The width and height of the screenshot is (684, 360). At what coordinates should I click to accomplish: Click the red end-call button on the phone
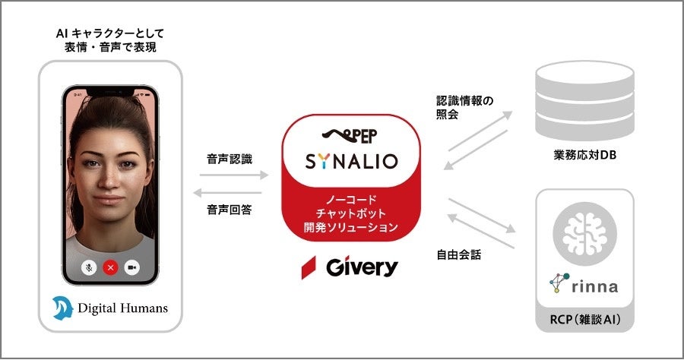point(111,267)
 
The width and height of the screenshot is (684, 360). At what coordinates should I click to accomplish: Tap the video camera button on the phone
point(132,267)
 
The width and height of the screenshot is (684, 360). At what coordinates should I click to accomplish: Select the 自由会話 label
point(460,254)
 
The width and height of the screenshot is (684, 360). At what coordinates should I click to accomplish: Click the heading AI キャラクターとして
point(111,33)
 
